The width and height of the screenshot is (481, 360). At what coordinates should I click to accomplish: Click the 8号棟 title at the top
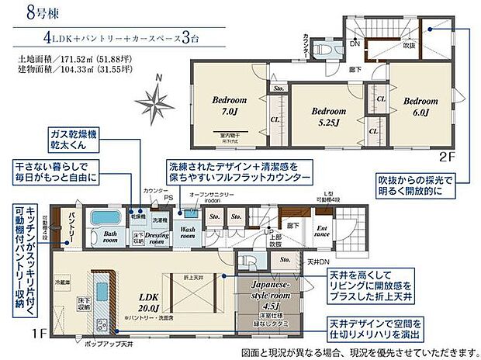pos(29,12)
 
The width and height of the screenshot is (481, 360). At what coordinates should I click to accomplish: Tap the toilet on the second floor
pos(327,47)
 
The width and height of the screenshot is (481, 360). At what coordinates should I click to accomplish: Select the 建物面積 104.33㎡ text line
pos(62,69)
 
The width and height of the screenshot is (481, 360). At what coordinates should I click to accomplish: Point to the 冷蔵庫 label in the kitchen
pos(63,282)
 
